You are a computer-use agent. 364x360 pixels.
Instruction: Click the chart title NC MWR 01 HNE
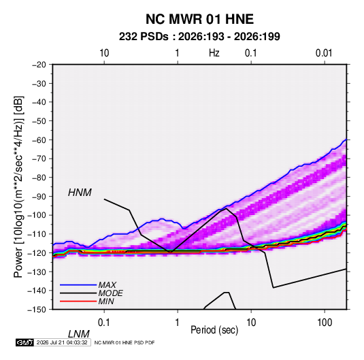199,19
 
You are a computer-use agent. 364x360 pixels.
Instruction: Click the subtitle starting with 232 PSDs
199,37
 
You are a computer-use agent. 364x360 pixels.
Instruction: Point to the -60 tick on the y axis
39,140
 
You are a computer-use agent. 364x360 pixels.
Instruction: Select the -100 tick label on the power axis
37,215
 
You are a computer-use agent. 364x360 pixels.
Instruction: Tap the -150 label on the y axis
37,310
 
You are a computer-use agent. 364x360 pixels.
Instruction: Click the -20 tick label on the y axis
39,65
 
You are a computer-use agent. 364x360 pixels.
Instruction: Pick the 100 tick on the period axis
325,323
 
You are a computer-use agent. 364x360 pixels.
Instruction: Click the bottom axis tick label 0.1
104,323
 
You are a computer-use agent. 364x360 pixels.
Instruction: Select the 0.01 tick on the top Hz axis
324,53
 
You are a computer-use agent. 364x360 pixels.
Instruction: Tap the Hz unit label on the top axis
214,53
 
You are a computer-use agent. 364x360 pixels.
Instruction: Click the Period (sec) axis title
214,330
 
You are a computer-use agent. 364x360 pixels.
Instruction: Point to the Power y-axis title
18,186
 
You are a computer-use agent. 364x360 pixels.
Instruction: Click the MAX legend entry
107,285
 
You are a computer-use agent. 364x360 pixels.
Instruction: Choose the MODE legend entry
110,293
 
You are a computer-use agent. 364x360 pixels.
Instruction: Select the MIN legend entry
106,301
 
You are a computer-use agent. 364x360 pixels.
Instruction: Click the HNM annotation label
80,193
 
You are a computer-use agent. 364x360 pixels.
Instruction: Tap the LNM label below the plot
79,334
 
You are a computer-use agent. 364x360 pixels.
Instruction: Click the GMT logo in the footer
24,342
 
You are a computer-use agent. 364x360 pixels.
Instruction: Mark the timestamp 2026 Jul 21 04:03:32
62,342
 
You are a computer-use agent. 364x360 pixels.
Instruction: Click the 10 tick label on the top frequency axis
104,53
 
